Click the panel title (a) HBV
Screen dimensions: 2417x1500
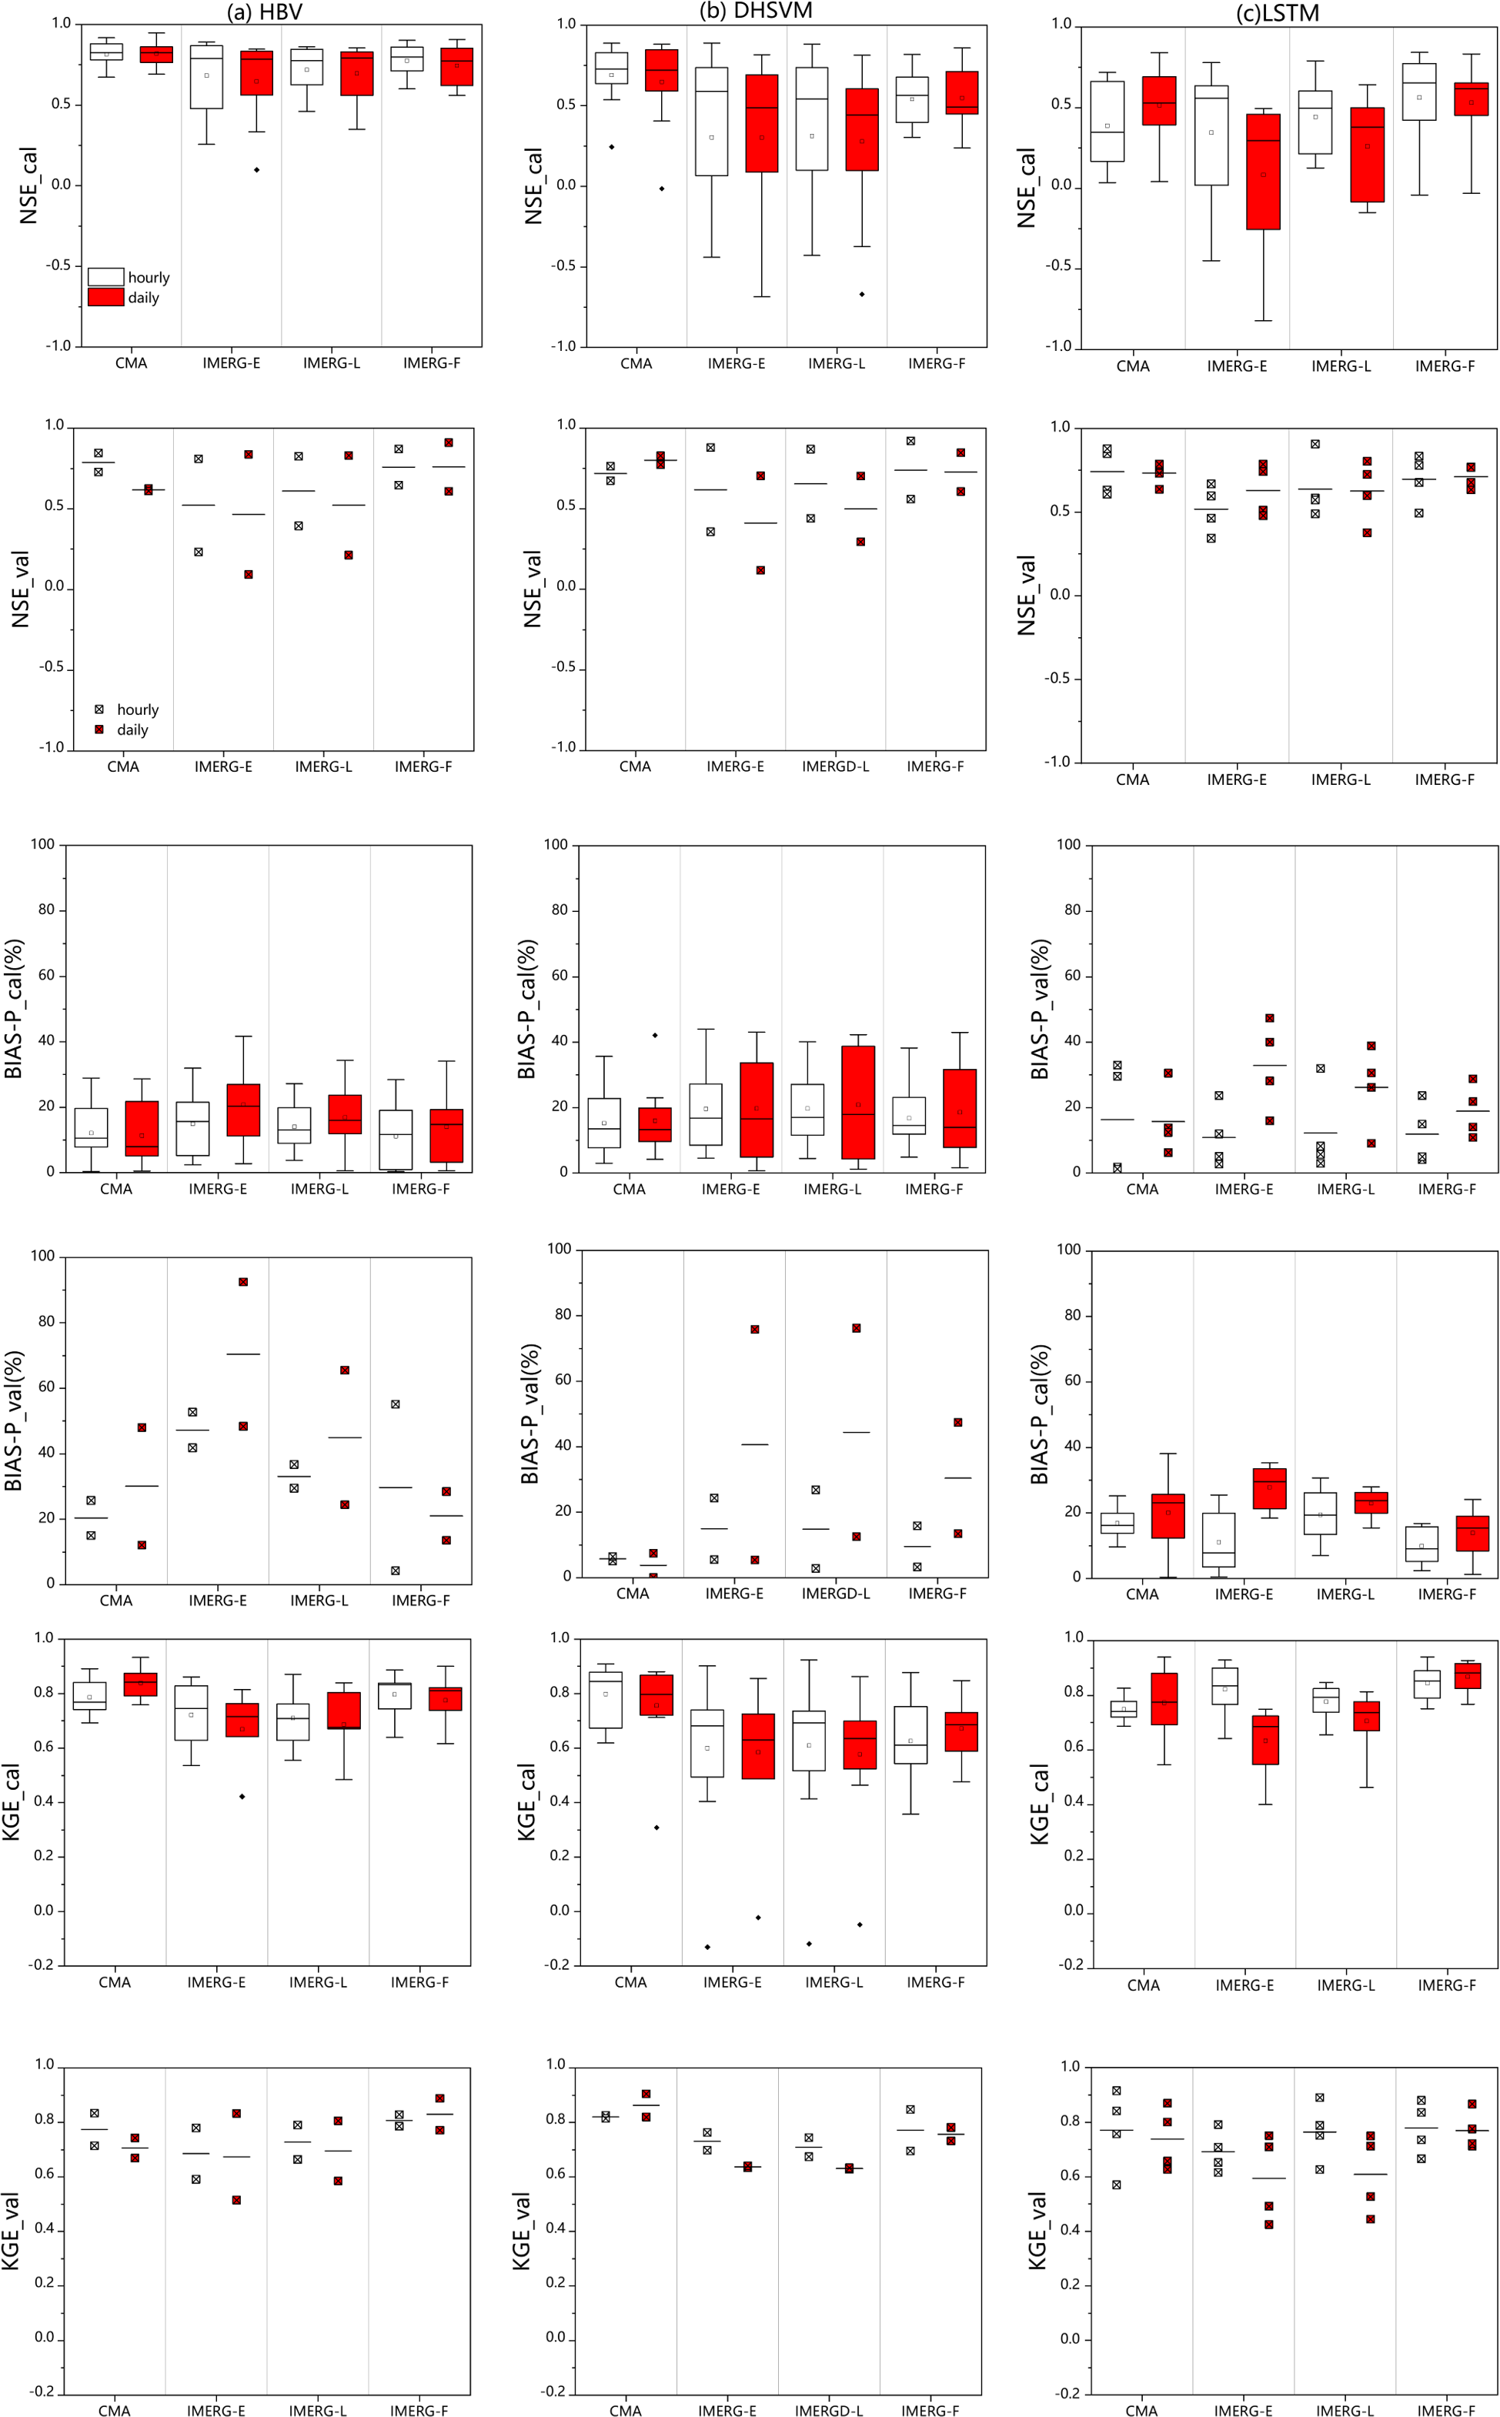pyautogui.click(x=264, y=12)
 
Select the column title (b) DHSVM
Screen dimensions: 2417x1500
pyautogui.click(x=756, y=11)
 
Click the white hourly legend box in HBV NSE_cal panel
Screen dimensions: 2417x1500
pyautogui.click(x=106, y=277)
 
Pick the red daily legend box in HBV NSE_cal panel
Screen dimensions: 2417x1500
pyautogui.click(x=106, y=296)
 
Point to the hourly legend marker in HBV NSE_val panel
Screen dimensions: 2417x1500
pyautogui.click(x=99, y=709)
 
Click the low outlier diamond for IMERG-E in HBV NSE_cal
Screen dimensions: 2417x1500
pyautogui.click(x=257, y=169)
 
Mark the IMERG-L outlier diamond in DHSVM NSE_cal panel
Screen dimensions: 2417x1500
pyautogui.click(x=862, y=294)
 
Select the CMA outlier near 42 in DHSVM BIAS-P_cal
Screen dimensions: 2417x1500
pyautogui.click(x=655, y=1036)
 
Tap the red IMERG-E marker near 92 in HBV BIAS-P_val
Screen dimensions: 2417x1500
pyautogui.click(x=243, y=1281)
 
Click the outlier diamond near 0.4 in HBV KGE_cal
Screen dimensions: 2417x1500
pyautogui.click(x=242, y=1796)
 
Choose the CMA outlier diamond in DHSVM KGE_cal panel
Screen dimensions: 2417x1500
pyautogui.click(x=656, y=1827)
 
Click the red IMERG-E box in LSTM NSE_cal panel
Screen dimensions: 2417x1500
pyautogui.click(x=1263, y=172)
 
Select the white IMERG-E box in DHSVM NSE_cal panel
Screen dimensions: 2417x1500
pyautogui.click(x=711, y=121)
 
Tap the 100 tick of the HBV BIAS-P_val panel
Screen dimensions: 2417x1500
pyautogui.click(x=42, y=1256)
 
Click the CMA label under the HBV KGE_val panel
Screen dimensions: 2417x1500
pyautogui.click(x=114, y=2410)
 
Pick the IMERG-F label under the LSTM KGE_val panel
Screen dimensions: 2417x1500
pyautogui.click(x=1445, y=2410)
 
